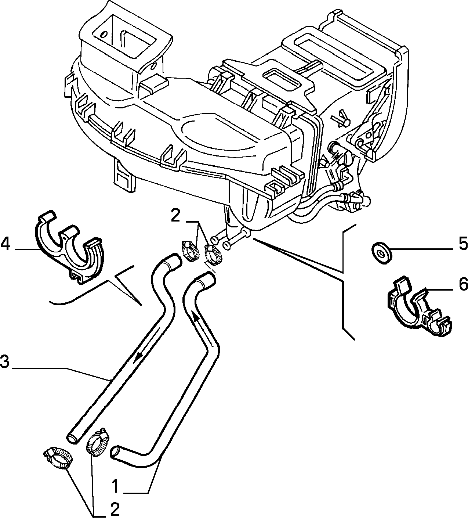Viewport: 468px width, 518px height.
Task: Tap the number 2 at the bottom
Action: pyautogui.click(x=115, y=509)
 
